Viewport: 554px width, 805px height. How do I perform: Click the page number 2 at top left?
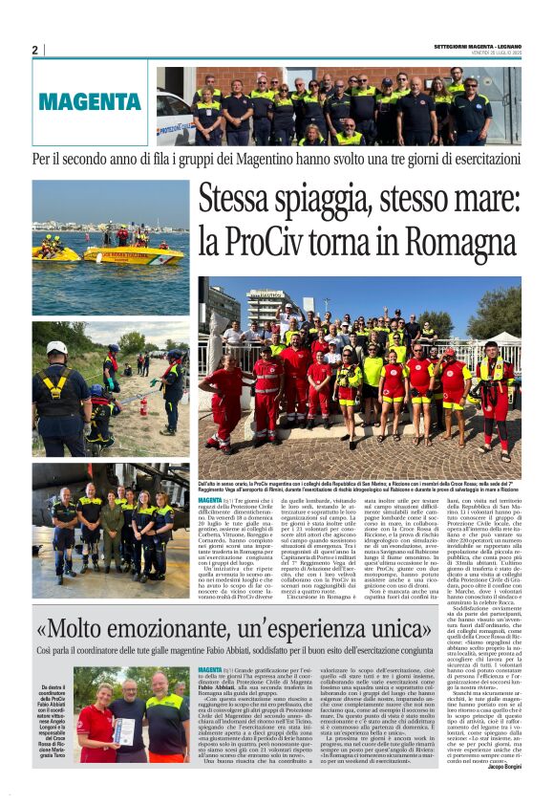34,50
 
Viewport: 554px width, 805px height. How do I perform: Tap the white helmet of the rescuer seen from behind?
57,349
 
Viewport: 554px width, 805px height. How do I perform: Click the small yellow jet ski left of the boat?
52,253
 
